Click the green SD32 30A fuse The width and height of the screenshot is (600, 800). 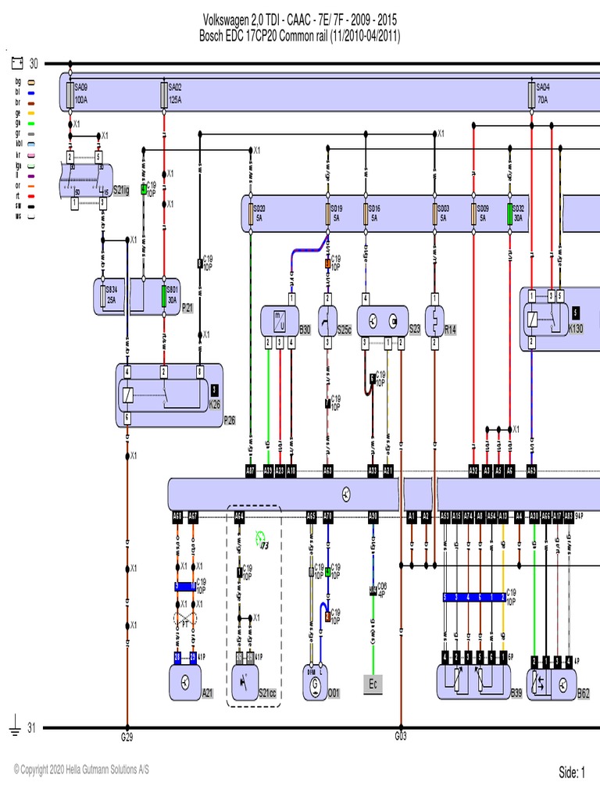click(510, 213)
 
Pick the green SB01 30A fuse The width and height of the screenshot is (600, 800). click(164, 296)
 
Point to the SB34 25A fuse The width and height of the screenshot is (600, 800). click(104, 296)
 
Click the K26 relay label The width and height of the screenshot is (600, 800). click(214, 404)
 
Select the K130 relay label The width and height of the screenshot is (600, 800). click(576, 328)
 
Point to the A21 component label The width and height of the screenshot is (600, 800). click(208, 692)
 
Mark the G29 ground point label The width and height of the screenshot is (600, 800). click(127, 737)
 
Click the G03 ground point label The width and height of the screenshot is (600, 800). click(400, 736)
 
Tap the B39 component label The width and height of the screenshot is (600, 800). click(516, 692)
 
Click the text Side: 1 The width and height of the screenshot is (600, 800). click(572, 773)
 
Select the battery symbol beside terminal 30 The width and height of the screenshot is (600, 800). click(16, 62)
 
